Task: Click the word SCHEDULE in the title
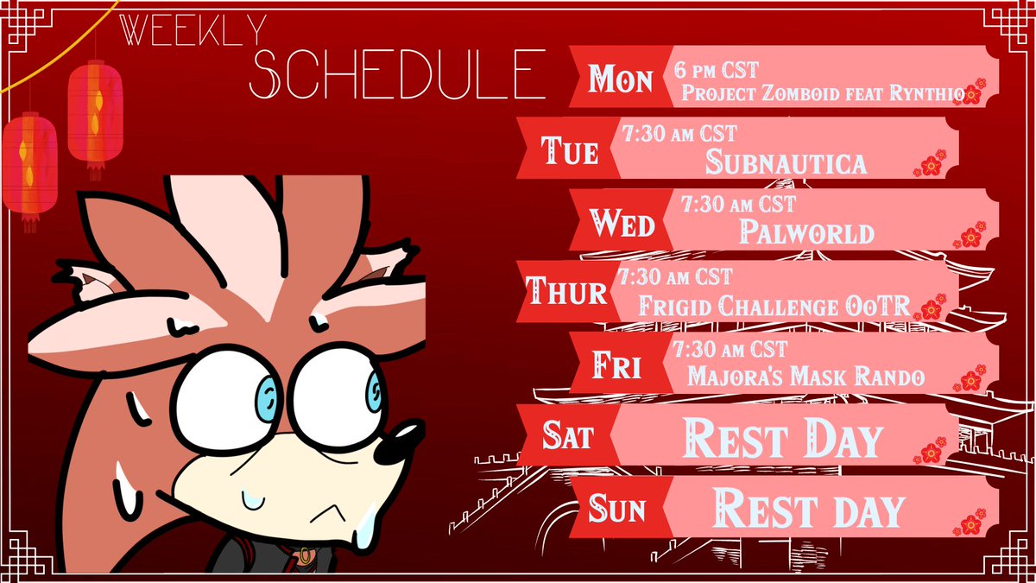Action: (397, 74)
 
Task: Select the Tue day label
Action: (570, 152)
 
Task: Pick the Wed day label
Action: (622, 225)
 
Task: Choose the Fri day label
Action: (617, 366)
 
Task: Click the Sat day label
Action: (567, 437)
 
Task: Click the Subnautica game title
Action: (786, 161)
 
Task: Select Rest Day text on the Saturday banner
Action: (782, 440)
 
